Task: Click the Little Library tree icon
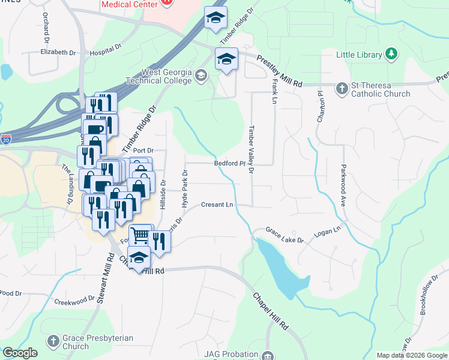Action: click(x=391, y=55)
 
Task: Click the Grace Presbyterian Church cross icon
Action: click(x=55, y=342)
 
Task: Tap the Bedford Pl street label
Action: click(x=228, y=163)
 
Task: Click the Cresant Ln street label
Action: click(x=217, y=205)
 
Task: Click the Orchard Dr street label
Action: click(x=46, y=27)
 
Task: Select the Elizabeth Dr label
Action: click(x=58, y=52)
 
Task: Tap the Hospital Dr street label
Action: click(x=106, y=52)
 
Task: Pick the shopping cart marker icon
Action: click(x=140, y=235)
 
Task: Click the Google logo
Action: click(x=20, y=353)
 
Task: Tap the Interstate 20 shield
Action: click(x=5, y=139)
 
